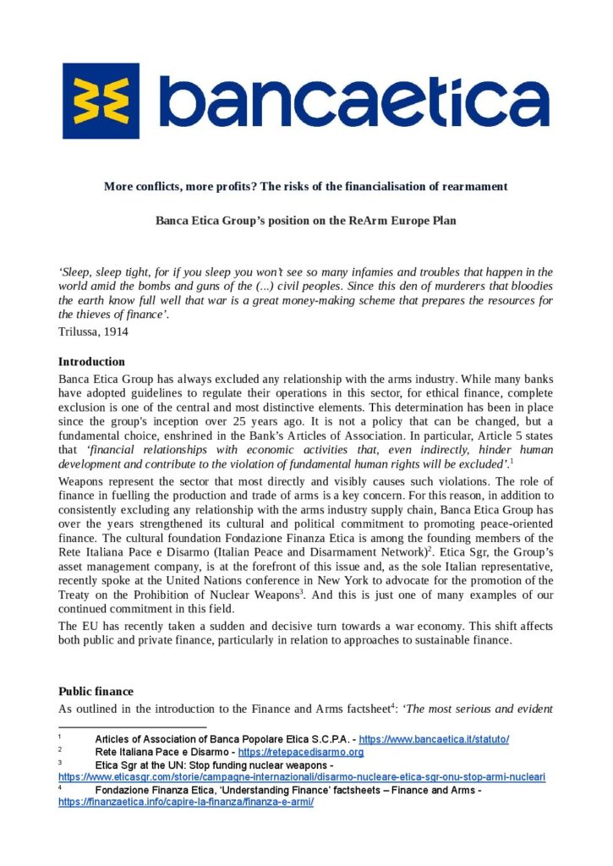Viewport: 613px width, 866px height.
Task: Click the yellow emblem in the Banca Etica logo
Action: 101,101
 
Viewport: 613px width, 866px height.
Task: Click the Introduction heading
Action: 91,362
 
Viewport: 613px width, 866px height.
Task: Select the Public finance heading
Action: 96,692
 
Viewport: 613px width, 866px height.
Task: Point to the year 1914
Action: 115,332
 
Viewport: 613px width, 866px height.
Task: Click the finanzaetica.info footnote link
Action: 185,802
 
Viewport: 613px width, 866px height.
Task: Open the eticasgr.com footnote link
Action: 301,776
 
